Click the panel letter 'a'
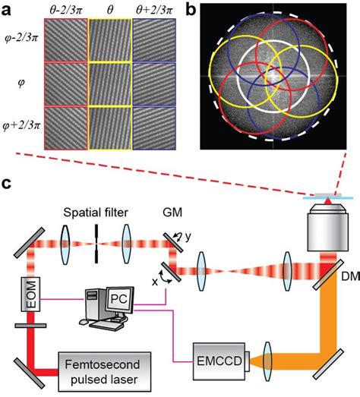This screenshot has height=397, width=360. coord(7,8)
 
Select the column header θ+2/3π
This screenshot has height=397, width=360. coord(154,8)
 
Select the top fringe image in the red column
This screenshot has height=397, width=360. coord(66,39)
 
